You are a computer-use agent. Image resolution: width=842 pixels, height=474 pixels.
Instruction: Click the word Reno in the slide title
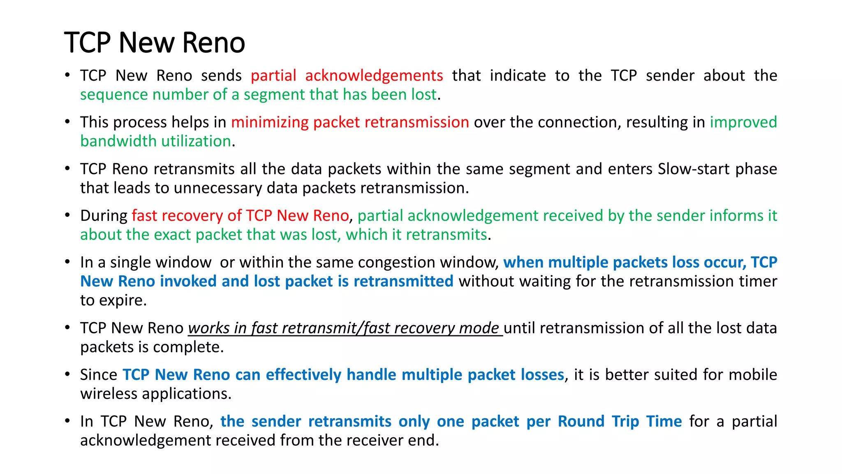[213, 42]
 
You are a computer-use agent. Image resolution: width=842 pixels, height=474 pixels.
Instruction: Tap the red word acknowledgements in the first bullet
[374, 76]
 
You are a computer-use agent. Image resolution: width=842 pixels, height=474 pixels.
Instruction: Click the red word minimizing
[270, 122]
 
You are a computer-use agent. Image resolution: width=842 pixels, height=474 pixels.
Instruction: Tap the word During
[104, 216]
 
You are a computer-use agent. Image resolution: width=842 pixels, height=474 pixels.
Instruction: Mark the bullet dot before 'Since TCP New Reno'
[67, 374]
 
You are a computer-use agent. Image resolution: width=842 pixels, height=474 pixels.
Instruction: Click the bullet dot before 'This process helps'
[67, 121]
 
